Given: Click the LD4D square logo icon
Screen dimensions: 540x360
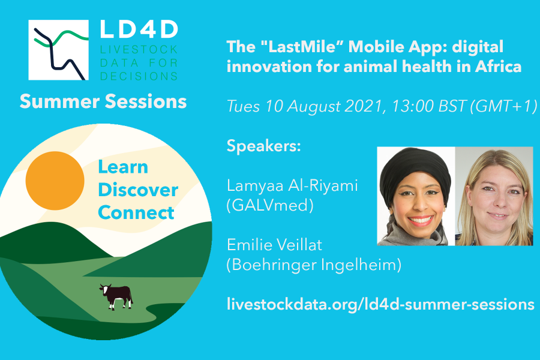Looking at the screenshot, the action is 58,50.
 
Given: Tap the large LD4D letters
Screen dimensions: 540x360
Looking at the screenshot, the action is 139,29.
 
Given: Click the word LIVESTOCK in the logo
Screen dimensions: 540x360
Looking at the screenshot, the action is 139,50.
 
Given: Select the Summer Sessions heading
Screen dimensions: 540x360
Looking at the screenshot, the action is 103,101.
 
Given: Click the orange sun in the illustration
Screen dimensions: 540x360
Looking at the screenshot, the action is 55,181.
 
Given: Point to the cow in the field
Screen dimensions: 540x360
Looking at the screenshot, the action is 116,296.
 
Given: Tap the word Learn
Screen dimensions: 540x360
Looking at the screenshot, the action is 123,167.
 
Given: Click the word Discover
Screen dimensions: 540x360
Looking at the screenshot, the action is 138,190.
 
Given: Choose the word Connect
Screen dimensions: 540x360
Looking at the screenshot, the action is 136,212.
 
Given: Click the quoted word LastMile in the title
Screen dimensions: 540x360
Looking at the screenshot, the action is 302,47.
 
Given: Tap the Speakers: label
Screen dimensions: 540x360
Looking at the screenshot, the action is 264,146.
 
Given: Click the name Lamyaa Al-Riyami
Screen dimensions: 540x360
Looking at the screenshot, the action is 292,185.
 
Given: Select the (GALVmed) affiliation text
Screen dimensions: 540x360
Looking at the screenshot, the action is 270,205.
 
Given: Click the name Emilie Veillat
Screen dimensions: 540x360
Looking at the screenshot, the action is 274,245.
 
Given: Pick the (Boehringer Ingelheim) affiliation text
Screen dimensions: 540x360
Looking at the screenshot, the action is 314,265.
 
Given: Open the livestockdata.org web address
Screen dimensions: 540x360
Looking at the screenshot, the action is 380,305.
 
